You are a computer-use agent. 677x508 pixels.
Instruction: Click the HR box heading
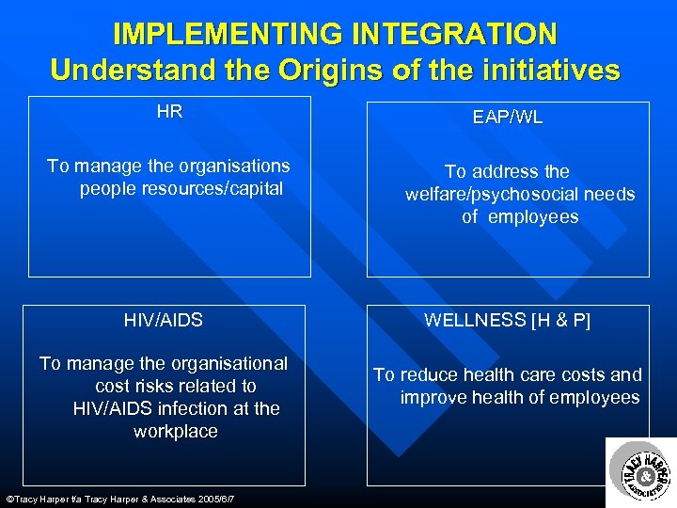(169, 113)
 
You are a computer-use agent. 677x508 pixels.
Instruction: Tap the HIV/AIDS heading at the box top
(164, 321)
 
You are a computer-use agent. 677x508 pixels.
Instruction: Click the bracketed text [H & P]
(560, 321)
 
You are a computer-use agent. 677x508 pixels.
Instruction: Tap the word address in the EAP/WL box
(504, 171)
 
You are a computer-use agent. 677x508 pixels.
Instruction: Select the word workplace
(176, 432)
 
